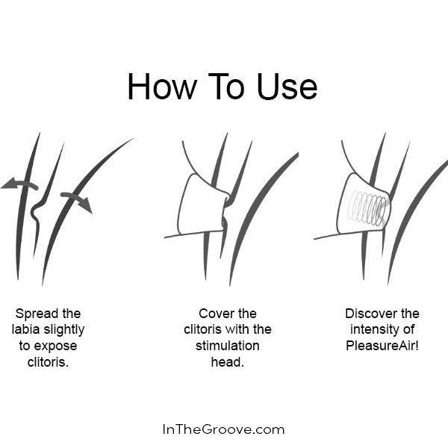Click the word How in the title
162,87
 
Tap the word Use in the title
287,87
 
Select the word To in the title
226,87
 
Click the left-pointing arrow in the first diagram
19,184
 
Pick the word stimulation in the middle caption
228,346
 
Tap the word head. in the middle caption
228,362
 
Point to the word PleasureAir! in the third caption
382,346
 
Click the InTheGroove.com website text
224,429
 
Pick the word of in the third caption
409,329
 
